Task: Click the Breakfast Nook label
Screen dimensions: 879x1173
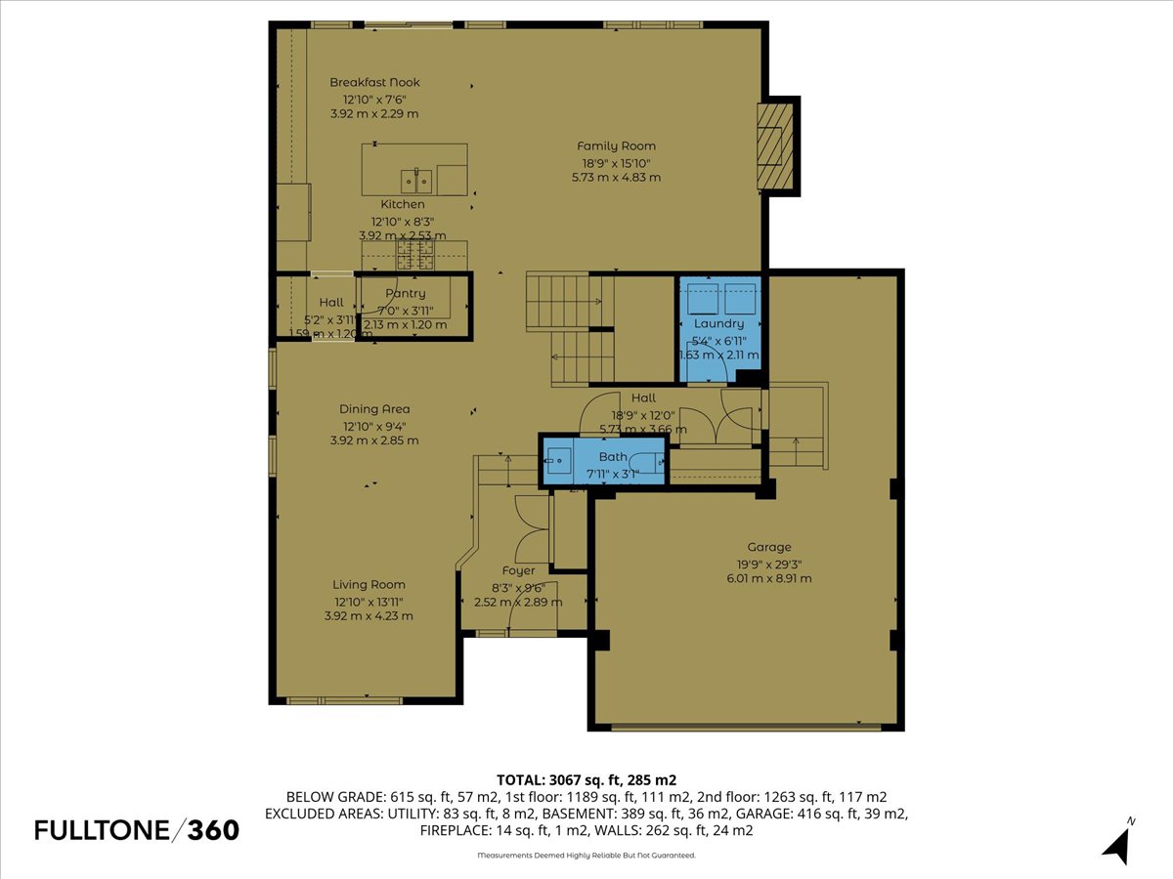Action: tap(374, 83)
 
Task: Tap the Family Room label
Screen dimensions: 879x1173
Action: tap(616, 146)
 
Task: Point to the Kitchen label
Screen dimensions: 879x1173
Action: tap(403, 205)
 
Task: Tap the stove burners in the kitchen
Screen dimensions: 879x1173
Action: tap(414, 256)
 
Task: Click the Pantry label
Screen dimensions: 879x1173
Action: tap(405, 294)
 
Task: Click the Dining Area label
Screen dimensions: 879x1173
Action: tap(374, 409)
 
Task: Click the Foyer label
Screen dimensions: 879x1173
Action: tap(518, 570)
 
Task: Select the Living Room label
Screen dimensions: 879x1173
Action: tap(369, 585)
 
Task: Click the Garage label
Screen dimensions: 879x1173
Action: tap(769, 548)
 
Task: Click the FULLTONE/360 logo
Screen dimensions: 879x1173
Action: tap(137, 830)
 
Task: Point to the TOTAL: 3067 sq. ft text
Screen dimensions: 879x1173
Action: tap(586, 780)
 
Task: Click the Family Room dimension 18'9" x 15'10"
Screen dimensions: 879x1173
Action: tap(616, 163)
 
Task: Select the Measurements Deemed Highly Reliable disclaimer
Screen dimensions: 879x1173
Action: tap(586, 856)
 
